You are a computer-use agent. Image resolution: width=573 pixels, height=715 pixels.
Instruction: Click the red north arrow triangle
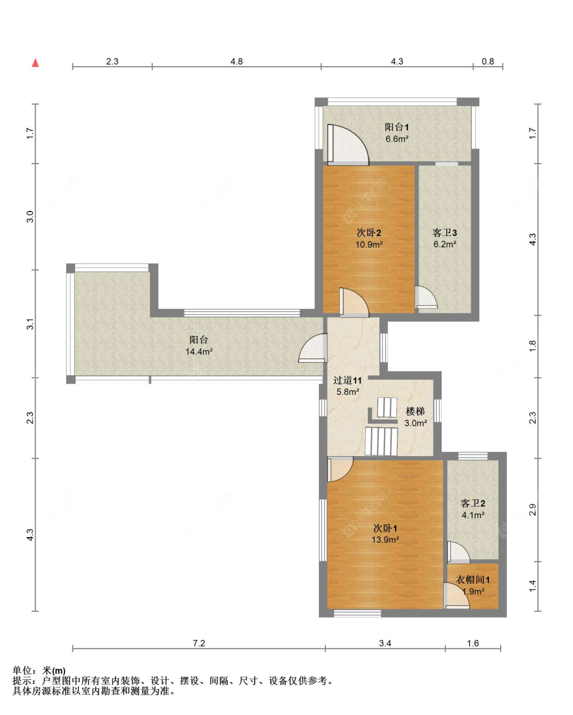(x=35, y=63)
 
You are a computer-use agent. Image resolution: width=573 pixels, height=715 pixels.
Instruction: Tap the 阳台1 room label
(x=397, y=127)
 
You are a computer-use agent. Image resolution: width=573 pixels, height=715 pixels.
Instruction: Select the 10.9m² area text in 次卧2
(x=369, y=245)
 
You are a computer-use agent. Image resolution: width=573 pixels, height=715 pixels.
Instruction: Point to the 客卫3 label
(x=445, y=232)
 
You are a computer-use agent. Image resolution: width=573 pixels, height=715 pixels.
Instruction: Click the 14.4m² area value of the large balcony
(x=199, y=352)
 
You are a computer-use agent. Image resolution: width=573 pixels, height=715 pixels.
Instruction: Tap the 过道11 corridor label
(x=347, y=380)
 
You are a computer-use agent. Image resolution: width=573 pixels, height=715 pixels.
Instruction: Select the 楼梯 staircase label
(x=415, y=412)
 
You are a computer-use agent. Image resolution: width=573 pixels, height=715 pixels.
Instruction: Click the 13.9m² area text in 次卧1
(x=386, y=540)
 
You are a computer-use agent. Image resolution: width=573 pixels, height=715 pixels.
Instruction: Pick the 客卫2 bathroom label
(x=473, y=504)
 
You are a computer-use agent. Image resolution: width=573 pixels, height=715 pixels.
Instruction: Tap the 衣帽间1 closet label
(x=473, y=580)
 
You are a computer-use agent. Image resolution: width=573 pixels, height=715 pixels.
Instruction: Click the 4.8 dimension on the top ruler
(x=236, y=62)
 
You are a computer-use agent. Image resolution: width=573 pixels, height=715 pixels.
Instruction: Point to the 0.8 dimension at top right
(x=487, y=62)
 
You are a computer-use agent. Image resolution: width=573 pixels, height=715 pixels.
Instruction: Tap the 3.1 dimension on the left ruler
(x=30, y=324)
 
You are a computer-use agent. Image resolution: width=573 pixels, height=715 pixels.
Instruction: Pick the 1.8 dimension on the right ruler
(x=532, y=346)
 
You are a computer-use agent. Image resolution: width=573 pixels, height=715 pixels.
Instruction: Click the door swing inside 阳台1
(x=348, y=145)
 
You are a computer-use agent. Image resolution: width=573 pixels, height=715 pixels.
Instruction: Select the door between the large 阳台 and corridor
(x=313, y=348)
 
